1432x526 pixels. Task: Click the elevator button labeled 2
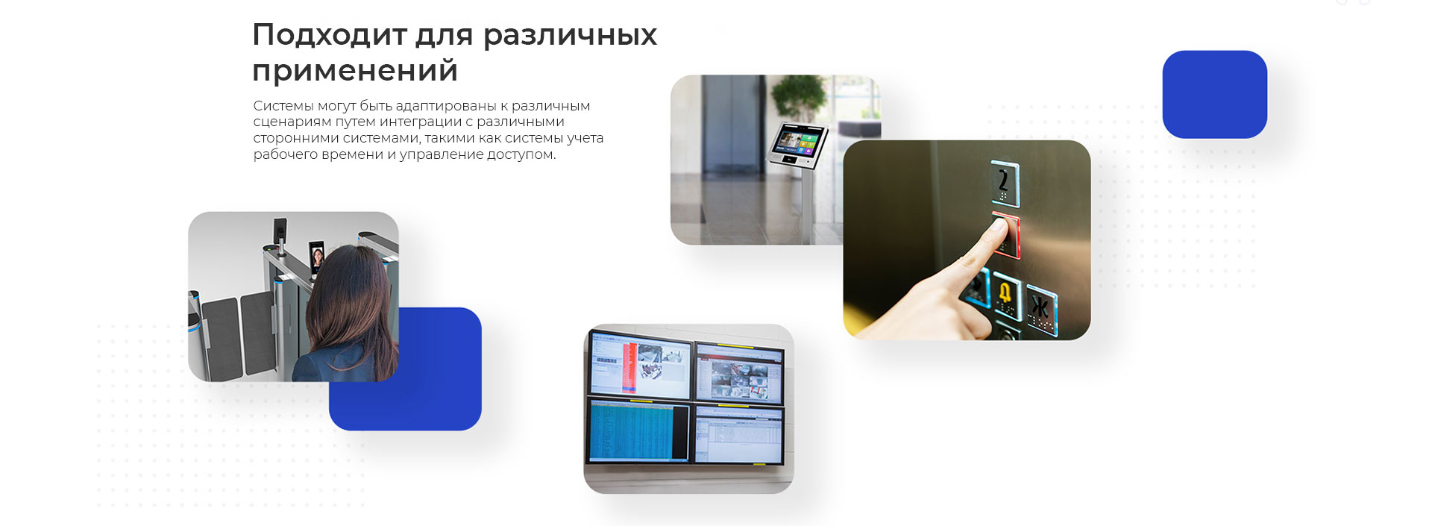(x=1005, y=183)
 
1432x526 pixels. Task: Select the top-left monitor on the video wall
(x=640, y=366)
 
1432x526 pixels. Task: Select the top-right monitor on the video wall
(x=739, y=373)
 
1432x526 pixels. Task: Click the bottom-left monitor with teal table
(x=639, y=430)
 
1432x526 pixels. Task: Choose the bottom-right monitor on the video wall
(x=739, y=434)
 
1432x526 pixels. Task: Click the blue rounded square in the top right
(x=1214, y=94)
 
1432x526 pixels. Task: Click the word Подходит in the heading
(x=328, y=34)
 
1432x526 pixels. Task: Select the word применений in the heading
(x=355, y=71)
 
